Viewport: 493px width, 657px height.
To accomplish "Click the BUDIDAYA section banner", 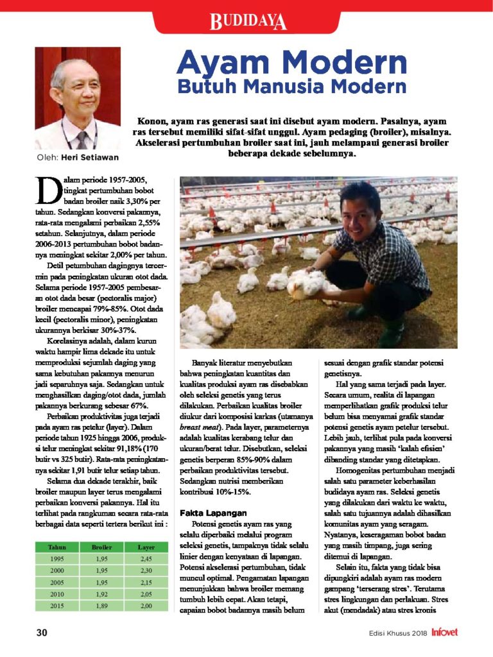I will pyautogui.click(x=247, y=22).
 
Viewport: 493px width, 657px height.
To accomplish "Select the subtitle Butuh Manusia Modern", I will pyautogui.click(x=291, y=87).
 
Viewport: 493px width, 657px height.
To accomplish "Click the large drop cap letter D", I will pyautogui.click(x=47, y=190).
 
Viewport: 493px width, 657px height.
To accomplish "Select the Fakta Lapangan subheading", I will pyautogui.click(x=212, y=513).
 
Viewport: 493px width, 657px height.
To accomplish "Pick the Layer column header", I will pyautogui.click(x=146, y=547).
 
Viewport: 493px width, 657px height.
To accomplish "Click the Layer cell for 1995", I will pyautogui.click(x=146, y=559).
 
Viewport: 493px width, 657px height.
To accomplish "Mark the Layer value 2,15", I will pyautogui.click(x=146, y=583).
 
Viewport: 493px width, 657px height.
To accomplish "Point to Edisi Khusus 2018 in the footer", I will pyautogui.click(x=398, y=633).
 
